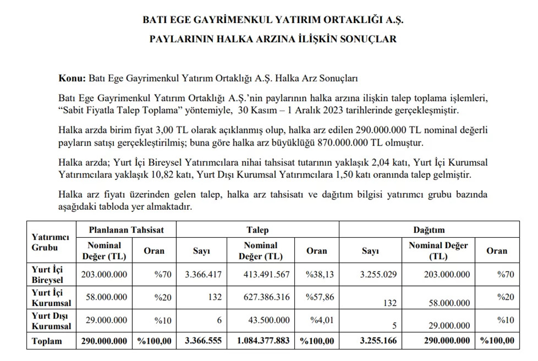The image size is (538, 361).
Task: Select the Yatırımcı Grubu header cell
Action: [50, 242]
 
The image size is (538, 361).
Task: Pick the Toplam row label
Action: [47, 341]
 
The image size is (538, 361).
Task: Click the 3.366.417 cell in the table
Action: [203, 274]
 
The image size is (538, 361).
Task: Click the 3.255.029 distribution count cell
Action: [378, 274]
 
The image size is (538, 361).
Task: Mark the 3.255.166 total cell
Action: [378, 341]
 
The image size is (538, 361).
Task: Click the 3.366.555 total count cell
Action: [203, 341]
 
